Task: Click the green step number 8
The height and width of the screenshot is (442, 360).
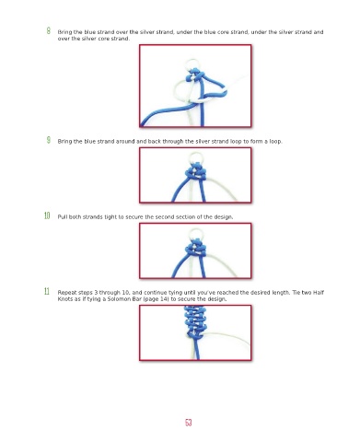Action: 49,30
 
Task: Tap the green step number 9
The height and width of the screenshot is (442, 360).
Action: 49,140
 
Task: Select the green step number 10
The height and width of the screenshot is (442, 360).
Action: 47,215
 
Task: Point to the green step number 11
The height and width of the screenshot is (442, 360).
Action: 47,291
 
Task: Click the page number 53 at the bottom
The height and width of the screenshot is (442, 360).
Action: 189,423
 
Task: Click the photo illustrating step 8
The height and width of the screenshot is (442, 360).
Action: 195,86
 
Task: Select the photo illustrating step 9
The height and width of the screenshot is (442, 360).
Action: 195,175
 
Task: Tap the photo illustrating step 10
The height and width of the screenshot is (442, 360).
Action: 195,250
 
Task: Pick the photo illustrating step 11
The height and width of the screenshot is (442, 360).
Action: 195,332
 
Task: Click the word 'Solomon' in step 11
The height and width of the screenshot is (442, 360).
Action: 118,299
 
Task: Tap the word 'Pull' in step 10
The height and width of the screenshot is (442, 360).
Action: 63,217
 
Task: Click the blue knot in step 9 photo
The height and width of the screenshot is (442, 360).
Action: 195,172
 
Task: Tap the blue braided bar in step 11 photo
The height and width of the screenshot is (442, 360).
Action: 194,321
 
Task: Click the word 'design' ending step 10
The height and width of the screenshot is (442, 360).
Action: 223,217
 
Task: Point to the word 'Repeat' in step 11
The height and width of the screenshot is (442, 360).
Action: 66,293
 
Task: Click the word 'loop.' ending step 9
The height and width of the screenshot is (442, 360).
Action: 275,142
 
